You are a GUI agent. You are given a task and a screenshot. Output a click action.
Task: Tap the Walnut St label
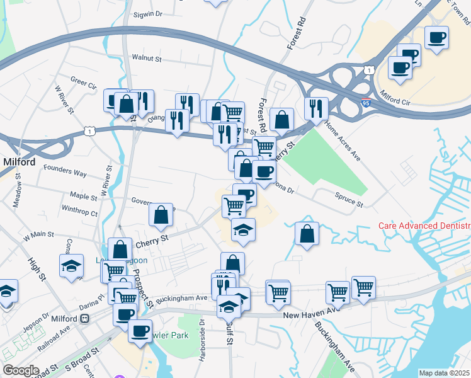tap(147, 58)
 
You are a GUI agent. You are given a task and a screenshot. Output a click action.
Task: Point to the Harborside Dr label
tap(202, 340)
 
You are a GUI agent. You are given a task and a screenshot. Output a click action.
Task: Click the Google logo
tap(21, 370)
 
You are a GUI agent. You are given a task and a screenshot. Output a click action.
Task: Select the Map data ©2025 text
tap(444, 373)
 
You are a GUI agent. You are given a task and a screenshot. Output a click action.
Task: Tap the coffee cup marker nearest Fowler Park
tap(139, 329)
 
